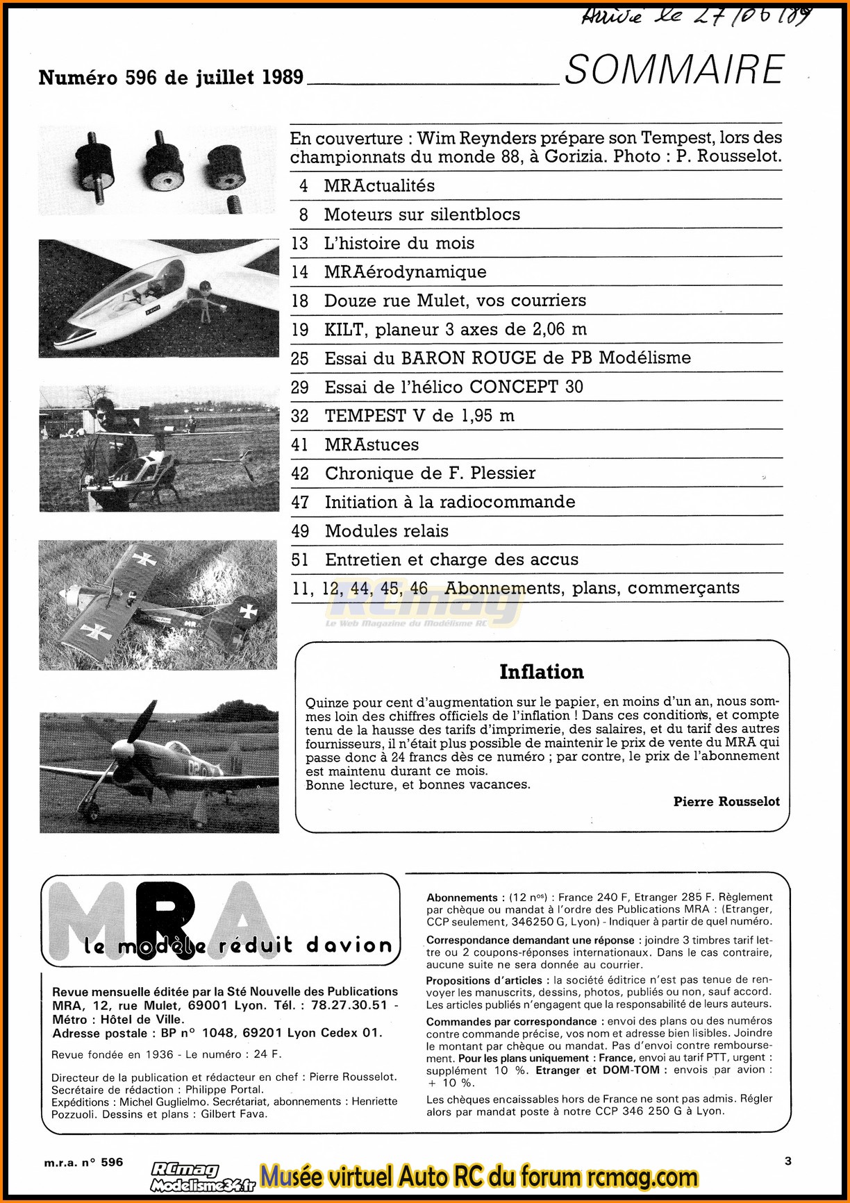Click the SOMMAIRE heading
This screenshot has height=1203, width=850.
click(x=674, y=70)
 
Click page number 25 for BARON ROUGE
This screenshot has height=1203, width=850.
click(x=300, y=358)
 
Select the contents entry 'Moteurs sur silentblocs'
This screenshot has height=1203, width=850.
click(x=422, y=214)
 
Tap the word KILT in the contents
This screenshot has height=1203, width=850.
click(x=346, y=330)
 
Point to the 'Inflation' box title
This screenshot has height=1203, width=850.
click(x=541, y=672)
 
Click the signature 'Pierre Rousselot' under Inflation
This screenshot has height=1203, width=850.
click(x=726, y=802)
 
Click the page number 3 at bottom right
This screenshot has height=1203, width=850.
click(x=787, y=1161)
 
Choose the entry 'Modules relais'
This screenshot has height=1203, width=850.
click(x=386, y=531)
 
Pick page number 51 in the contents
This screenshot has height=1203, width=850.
click(x=300, y=560)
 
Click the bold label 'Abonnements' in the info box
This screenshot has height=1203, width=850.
click(x=462, y=898)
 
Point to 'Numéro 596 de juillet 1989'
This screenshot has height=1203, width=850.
click(x=171, y=78)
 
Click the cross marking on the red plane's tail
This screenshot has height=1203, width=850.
click(x=248, y=612)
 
